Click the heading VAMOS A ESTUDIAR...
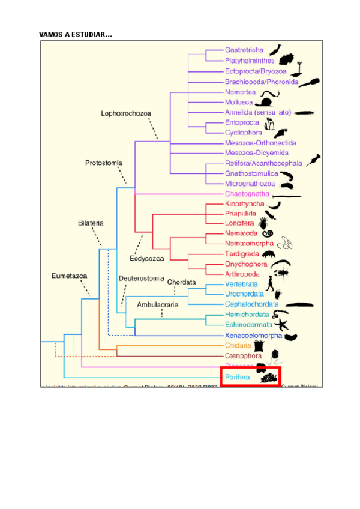coord(75,35)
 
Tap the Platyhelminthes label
coord(250,61)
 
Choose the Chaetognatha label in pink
coord(246,194)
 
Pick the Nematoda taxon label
coord(241,233)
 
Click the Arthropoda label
coord(243,274)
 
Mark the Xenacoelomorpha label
coord(253,336)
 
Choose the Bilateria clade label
coord(91,223)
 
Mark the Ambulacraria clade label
coord(158,304)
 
